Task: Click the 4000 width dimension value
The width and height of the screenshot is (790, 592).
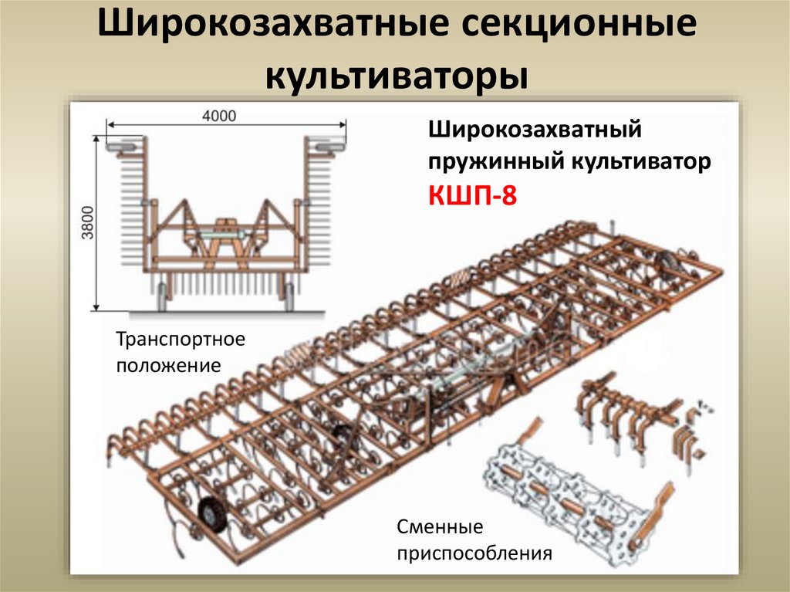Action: coord(219,116)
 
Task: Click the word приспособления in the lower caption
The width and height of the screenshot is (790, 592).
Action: coord(474,553)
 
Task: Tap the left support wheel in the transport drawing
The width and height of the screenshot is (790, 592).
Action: coord(162,295)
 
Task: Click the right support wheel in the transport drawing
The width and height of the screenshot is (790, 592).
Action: coord(289,295)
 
